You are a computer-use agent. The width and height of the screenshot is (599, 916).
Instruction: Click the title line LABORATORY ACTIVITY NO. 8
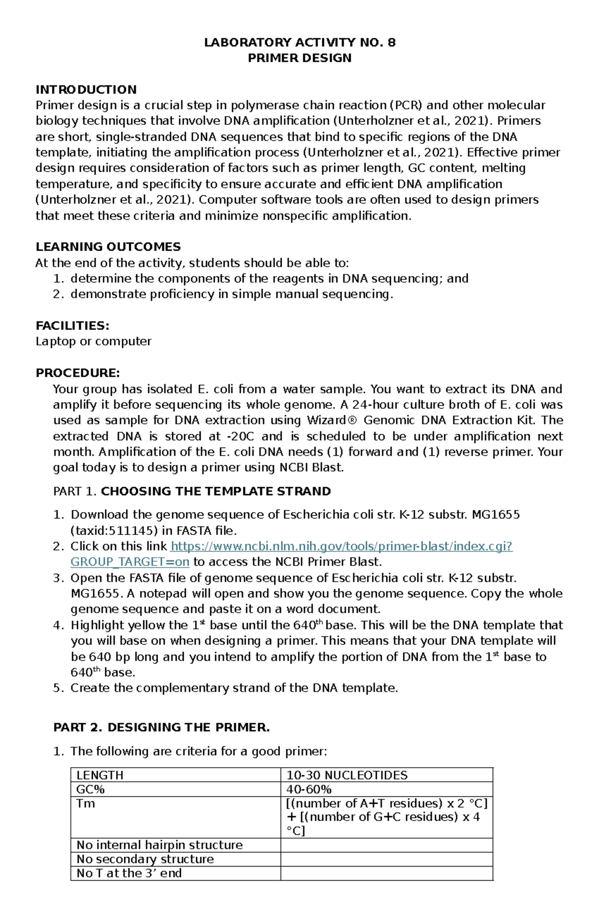pos(299,42)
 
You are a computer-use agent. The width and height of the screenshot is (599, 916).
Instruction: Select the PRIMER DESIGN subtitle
pos(299,58)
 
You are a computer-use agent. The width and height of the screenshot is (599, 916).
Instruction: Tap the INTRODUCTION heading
pos(86,90)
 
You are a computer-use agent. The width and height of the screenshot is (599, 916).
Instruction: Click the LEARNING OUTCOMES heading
pos(108,247)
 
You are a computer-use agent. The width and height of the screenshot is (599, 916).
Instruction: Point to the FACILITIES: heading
pos(72,326)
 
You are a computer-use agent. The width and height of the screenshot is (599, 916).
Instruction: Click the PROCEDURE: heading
pos(77,373)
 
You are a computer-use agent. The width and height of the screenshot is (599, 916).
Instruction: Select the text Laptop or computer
pos(93,341)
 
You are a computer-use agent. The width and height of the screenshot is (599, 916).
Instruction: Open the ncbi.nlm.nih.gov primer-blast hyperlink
pos(342,546)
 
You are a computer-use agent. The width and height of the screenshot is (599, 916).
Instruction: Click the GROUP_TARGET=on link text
pos(130,562)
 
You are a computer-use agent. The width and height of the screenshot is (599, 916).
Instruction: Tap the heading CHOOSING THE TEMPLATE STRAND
pos(216,491)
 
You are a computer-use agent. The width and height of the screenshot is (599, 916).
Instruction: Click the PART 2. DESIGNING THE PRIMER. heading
pos(161,727)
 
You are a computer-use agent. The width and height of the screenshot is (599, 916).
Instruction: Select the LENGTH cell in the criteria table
pos(100,775)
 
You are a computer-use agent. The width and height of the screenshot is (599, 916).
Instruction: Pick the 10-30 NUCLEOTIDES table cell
pos(346,775)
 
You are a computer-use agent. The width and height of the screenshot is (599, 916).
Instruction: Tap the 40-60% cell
pos(308,789)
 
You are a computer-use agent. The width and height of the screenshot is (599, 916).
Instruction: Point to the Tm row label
pos(85,803)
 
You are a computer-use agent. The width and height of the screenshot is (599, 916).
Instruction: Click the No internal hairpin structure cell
pos(159,845)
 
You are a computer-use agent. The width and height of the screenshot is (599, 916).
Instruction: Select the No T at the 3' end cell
pos(129,873)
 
